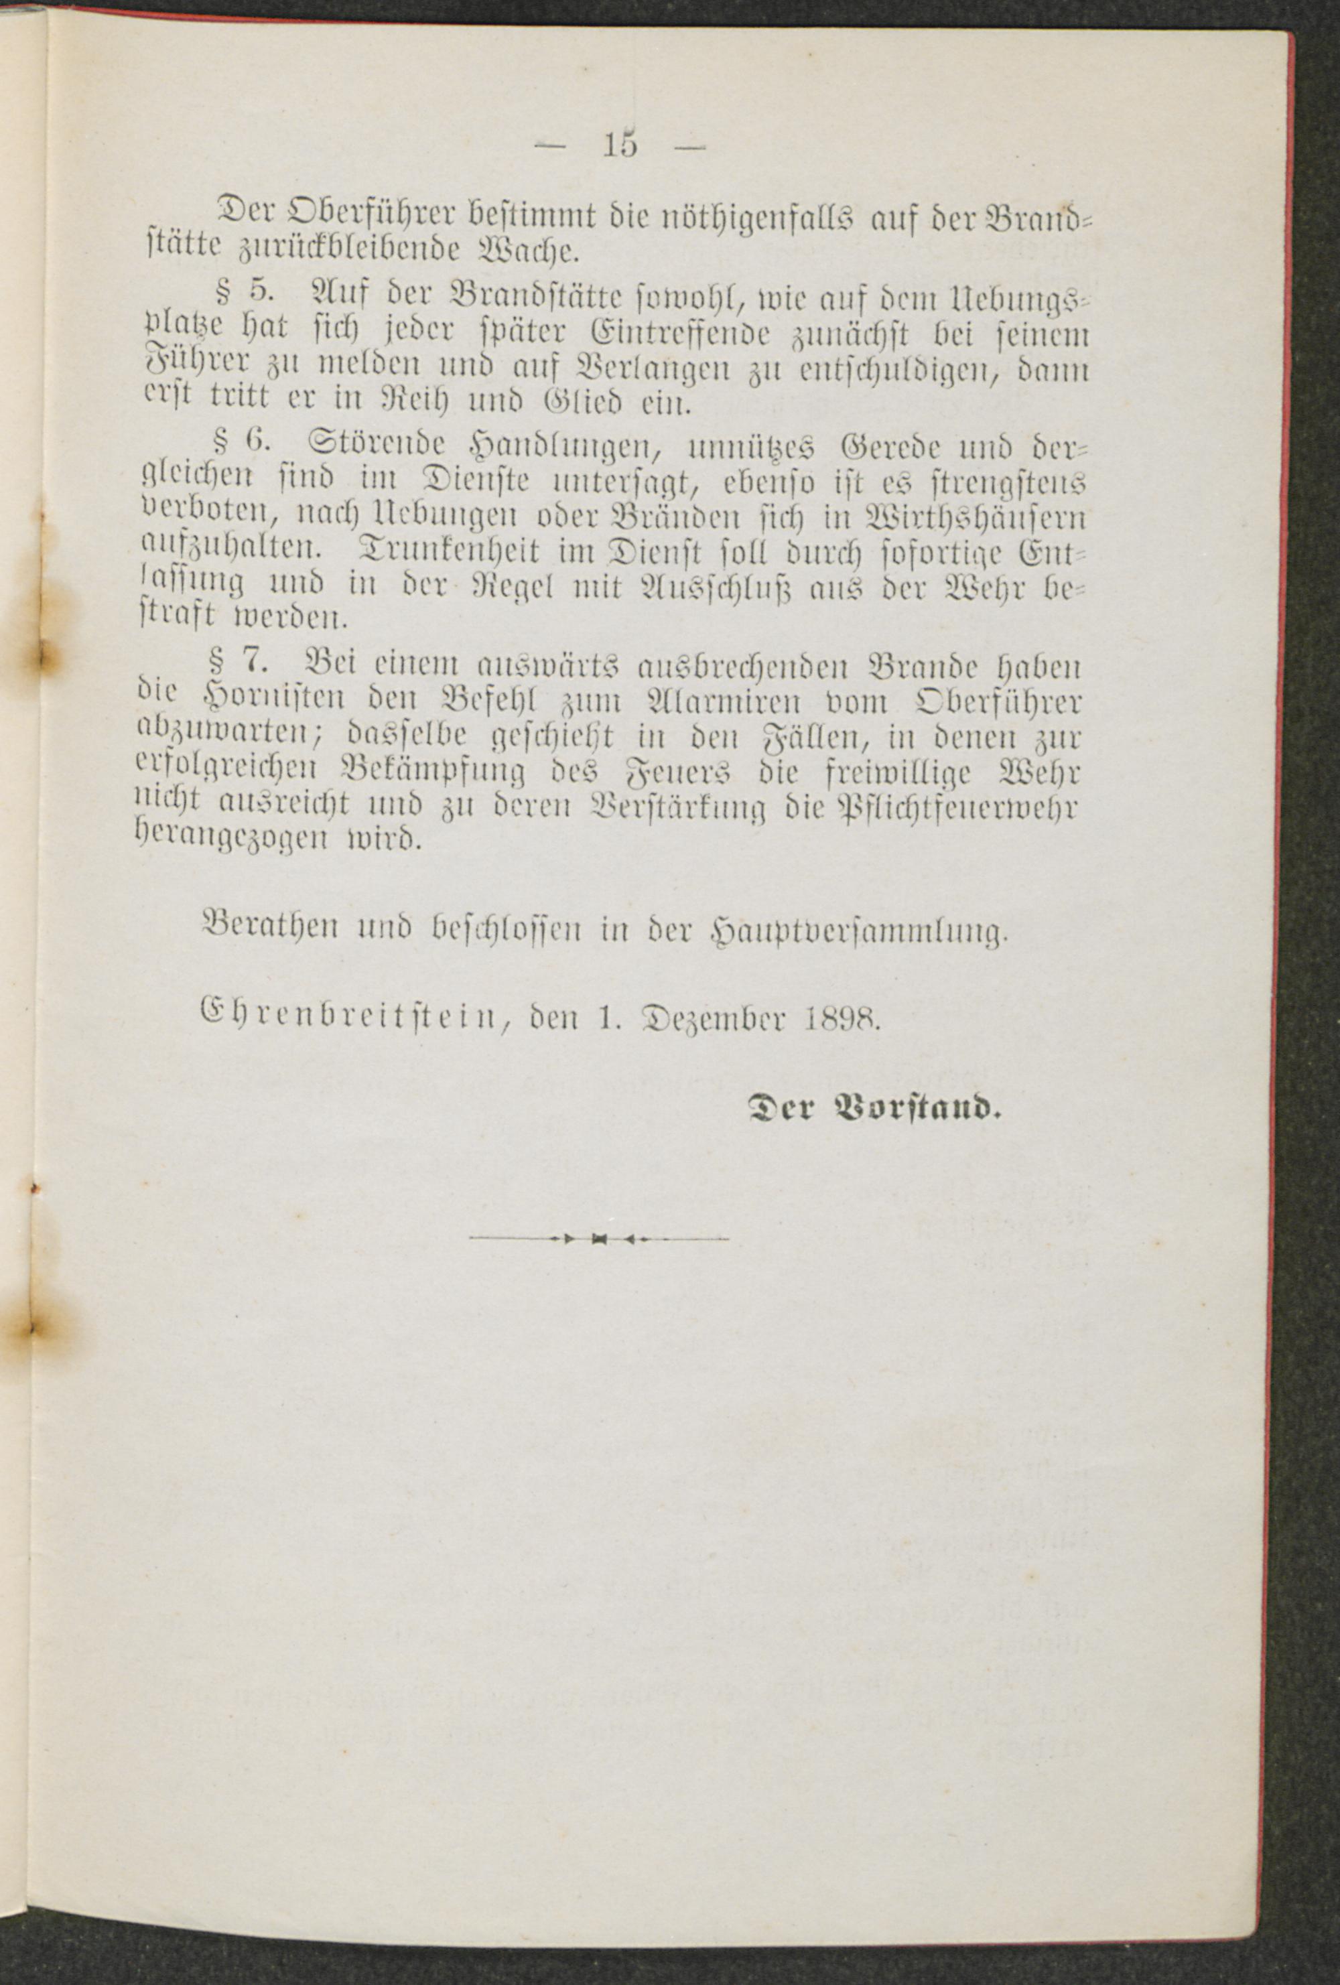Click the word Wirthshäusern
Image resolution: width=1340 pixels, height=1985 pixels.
tap(973, 519)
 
